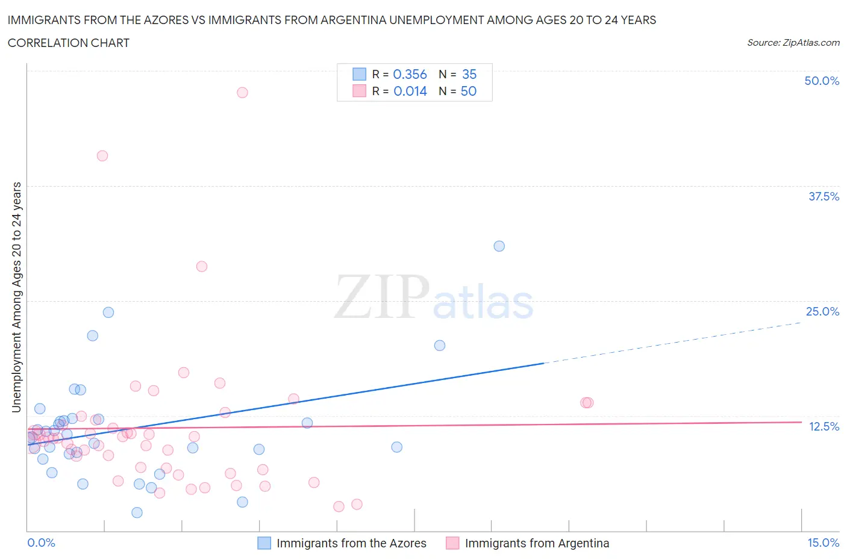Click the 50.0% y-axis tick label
822,81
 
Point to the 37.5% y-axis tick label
824,196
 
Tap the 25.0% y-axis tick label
822,311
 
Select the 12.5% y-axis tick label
824,426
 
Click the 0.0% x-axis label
41,543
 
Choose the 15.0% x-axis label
823,543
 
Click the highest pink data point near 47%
242,92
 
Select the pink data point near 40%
102,155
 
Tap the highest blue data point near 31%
499,246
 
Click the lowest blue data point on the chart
137,512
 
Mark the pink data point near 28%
202,266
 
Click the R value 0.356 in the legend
410,74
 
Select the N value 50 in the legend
468,91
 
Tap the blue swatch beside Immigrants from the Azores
264,543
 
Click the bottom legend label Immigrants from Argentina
537,543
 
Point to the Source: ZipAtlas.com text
793,42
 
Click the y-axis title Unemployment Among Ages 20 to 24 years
16,297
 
